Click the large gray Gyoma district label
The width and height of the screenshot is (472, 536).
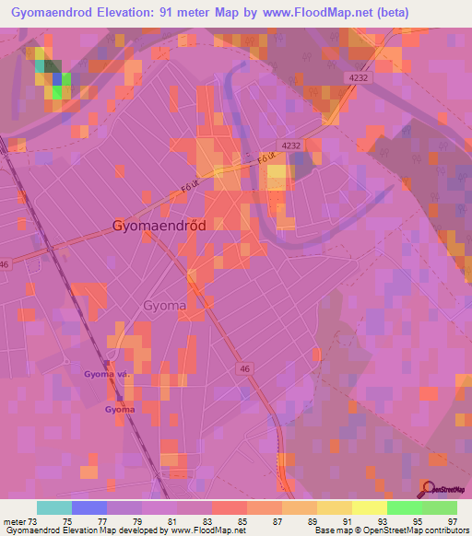pyautogui.click(x=165, y=305)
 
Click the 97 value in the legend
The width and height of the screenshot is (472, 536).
pyautogui.click(x=454, y=522)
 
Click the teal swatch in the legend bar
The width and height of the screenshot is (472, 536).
pyautogui.click(x=54, y=507)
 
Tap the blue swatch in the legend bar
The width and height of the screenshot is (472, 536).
pyautogui.click(x=89, y=507)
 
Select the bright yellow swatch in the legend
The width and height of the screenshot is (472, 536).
pyautogui.click(x=369, y=507)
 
